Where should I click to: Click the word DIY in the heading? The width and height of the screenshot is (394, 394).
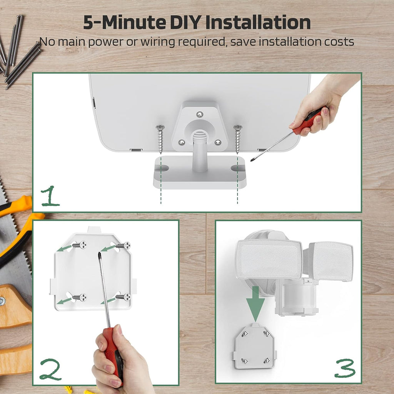click(186, 22)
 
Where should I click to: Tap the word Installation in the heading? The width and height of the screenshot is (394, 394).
click(258, 22)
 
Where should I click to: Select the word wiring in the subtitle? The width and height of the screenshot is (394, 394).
click(157, 42)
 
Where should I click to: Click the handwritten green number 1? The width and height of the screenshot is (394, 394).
click(50, 196)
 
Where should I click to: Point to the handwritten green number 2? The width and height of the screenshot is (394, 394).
click(50, 369)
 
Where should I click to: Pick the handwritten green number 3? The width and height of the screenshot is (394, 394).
click(345, 368)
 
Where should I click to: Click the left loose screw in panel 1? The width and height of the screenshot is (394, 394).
click(160, 139)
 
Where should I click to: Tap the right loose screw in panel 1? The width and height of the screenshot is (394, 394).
click(237, 139)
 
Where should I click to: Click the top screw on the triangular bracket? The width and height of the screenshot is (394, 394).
click(200, 114)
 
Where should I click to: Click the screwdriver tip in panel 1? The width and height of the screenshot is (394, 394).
click(251, 160)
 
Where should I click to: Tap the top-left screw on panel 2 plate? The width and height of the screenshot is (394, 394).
click(79, 245)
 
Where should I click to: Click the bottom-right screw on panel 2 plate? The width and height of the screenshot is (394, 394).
click(123, 297)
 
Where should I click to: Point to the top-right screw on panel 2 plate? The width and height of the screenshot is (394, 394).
click(123, 245)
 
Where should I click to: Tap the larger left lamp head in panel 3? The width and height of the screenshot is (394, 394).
click(269, 259)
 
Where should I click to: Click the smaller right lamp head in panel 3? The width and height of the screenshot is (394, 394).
click(331, 261)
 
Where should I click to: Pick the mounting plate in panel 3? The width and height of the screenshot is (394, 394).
click(254, 346)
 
